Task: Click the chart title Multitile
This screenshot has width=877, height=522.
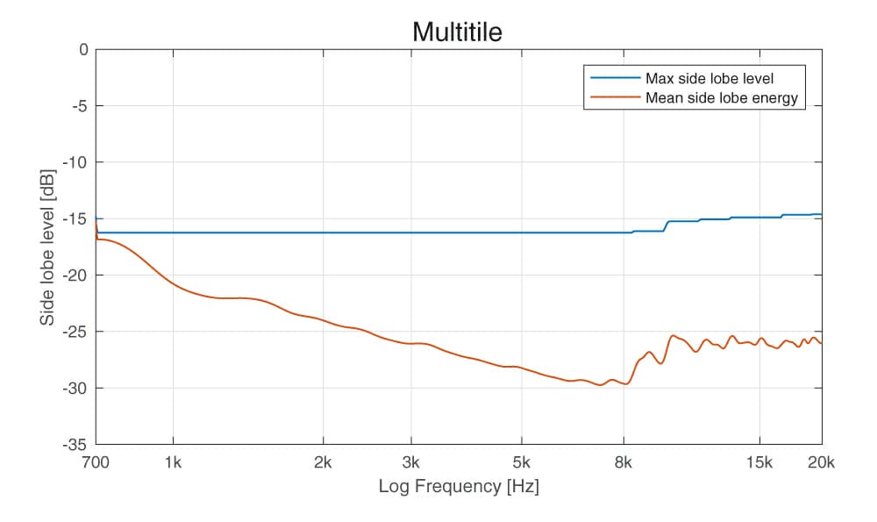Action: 457,32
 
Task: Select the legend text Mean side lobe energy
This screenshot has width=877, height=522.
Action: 721,97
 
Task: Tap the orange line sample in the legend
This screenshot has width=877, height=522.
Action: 614,97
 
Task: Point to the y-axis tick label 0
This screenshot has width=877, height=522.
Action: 83,50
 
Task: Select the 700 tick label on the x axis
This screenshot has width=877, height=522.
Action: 95,462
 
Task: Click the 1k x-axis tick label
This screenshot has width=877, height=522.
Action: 173,462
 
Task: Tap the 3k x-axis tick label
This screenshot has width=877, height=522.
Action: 410,462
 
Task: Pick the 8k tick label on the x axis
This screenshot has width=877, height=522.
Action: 624,462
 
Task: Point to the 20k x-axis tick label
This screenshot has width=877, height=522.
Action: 821,462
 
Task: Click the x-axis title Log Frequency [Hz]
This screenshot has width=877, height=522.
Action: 458,486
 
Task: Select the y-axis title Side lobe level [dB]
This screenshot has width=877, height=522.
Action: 47,247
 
